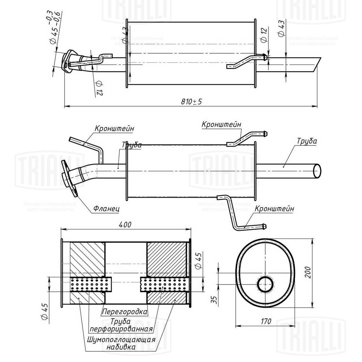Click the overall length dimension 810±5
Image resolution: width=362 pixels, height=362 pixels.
[191, 102]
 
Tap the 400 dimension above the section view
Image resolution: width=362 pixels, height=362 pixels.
[125, 224]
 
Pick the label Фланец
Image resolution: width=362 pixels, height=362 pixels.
[106, 209]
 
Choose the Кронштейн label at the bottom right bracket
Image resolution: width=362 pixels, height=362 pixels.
[274, 209]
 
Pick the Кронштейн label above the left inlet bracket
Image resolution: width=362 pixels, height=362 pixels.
[115, 129]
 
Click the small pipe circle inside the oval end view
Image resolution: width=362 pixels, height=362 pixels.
[266, 284]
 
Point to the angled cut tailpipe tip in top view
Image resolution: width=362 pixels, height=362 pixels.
[316, 64]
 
